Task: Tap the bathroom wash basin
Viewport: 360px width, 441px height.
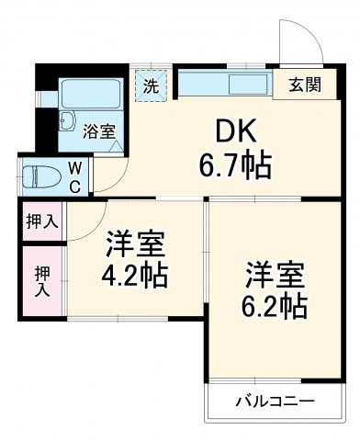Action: [x=69, y=121]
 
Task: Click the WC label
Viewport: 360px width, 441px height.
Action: [x=75, y=176]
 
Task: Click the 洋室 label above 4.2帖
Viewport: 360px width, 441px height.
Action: [x=134, y=243]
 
